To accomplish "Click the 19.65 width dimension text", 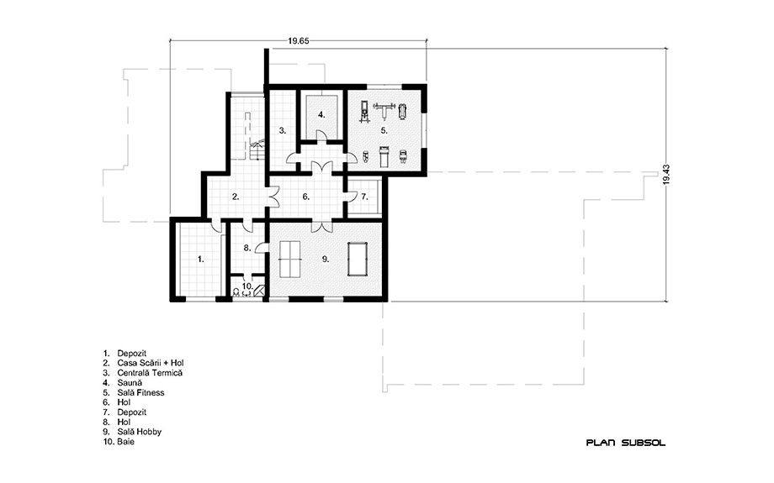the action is pos(298,41).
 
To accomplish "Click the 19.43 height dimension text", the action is pos(666,175).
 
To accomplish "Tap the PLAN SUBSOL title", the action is pos(625,443).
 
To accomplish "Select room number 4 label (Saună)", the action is pos(321,115).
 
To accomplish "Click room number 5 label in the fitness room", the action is pos(384,130).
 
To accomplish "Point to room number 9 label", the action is pos(326,259).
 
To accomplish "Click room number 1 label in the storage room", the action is pos(200,259).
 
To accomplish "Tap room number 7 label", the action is pos(364,197).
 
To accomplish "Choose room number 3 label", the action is pos(283,130).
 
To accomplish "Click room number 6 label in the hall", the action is pos(306,197).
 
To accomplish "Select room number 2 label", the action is pos(236,197).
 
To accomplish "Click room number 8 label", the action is pos(248,249).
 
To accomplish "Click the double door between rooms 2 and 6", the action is pos(273,197).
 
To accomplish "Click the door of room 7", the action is pos(350,196).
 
